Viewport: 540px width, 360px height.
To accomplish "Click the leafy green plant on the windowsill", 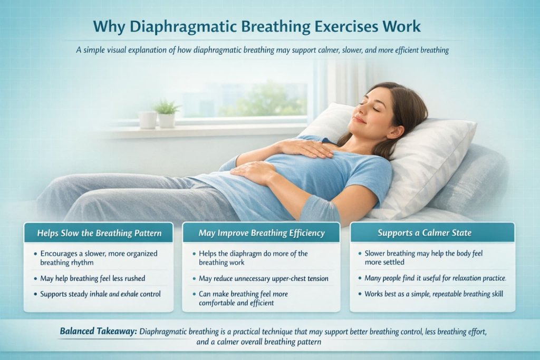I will click(167, 108).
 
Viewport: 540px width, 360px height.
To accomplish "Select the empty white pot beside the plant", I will click(147, 119).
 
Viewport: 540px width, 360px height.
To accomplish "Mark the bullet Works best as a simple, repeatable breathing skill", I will click(433, 293).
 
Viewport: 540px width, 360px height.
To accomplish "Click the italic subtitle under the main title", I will click(269, 50).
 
